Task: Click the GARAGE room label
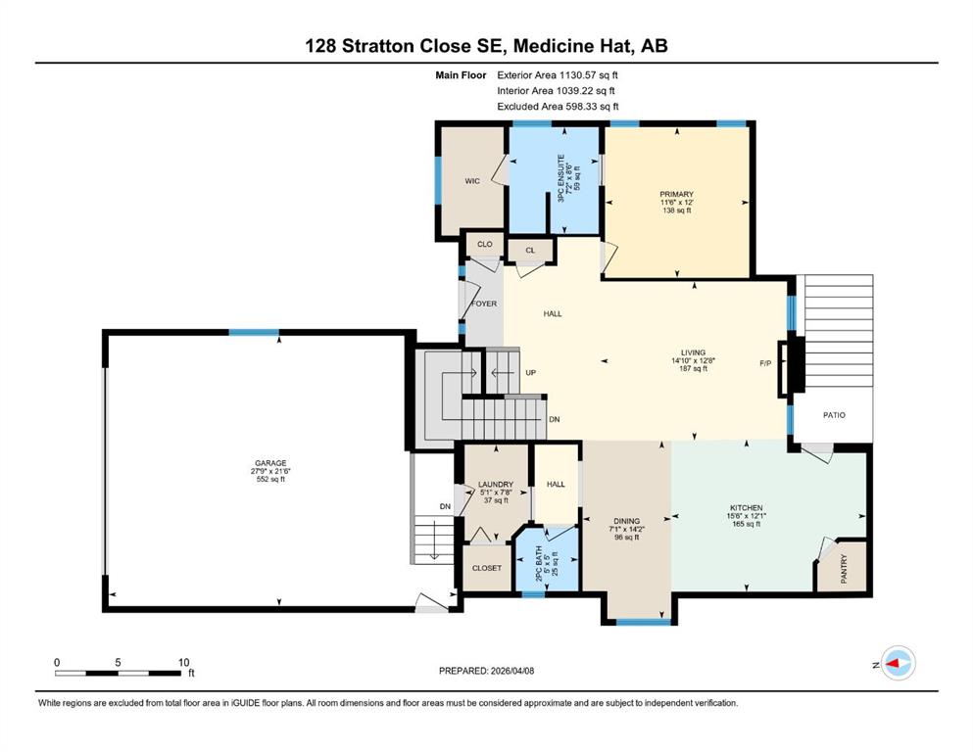click(270, 463)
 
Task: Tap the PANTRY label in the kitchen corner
click(844, 569)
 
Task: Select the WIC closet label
click(472, 181)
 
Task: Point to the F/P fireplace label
click(765, 363)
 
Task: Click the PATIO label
click(834, 415)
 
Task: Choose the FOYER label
click(484, 304)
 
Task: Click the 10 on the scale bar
click(183, 662)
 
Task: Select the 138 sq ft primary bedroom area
click(676, 211)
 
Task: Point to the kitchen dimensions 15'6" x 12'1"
click(747, 516)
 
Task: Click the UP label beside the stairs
click(530, 373)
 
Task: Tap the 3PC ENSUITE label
click(560, 178)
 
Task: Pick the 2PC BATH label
click(539, 563)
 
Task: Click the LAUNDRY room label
click(496, 484)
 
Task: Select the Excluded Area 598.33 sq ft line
click(558, 106)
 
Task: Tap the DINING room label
click(627, 521)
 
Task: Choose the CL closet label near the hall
click(530, 251)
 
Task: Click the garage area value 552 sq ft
click(270, 479)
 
